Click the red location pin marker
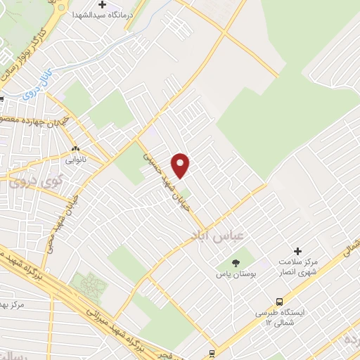pos(181,165)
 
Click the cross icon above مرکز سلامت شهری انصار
pos(297,251)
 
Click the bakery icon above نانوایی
pos(76,149)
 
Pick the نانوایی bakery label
pos(76,160)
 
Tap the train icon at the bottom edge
pos(212,353)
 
